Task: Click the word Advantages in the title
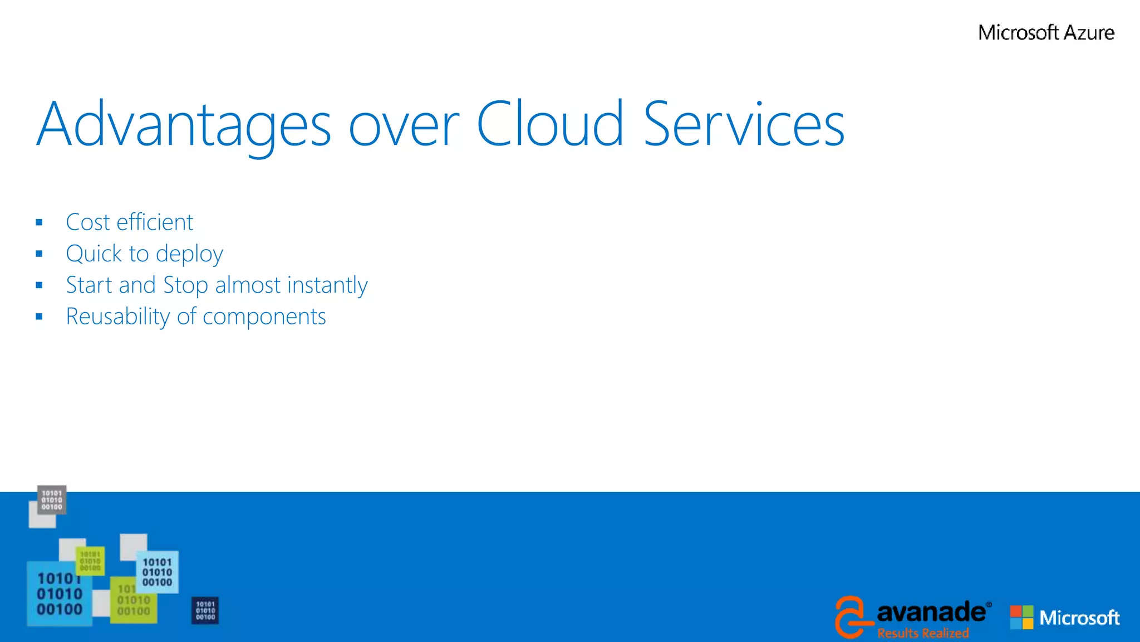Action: click(x=184, y=125)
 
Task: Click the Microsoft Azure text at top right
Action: click(x=1046, y=33)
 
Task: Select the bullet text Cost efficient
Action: click(x=129, y=222)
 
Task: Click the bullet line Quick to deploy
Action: click(x=144, y=254)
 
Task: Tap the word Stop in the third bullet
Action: click(x=185, y=285)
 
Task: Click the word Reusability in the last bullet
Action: click(x=117, y=317)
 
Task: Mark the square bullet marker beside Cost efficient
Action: click(x=39, y=223)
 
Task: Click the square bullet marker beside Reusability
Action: click(x=39, y=317)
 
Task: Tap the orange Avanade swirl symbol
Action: click(x=851, y=616)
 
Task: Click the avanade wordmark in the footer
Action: click(x=931, y=612)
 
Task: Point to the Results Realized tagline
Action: click(x=923, y=633)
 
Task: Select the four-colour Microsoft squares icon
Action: click(x=1021, y=617)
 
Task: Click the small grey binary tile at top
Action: click(x=52, y=500)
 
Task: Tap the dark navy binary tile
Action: click(x=205, y=611)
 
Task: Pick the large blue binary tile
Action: click(x=59, y=594)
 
